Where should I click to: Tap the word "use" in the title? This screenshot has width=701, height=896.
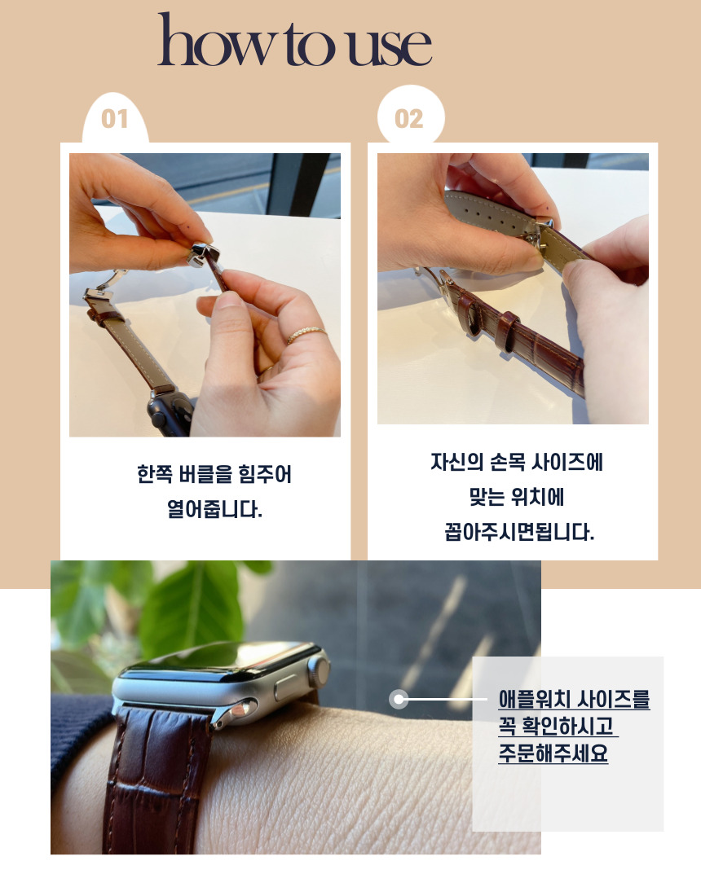click(390, 46)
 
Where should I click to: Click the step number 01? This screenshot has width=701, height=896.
click(114, 119)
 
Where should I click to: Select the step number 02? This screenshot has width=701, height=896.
click(409, 119)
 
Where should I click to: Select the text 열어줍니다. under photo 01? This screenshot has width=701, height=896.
click(214, 509)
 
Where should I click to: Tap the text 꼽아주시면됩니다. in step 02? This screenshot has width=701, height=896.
click(519, 532)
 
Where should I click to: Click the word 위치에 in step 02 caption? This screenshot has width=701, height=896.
click(537, 497)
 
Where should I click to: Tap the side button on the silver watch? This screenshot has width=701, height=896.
click(287, 687)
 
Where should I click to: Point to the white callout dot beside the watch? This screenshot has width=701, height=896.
click(399, 700)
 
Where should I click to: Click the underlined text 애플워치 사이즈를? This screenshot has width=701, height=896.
click(574, 699)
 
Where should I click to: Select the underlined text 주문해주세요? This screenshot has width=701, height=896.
click(553, 753)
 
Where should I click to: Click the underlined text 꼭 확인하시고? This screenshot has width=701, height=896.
click(557, 726)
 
